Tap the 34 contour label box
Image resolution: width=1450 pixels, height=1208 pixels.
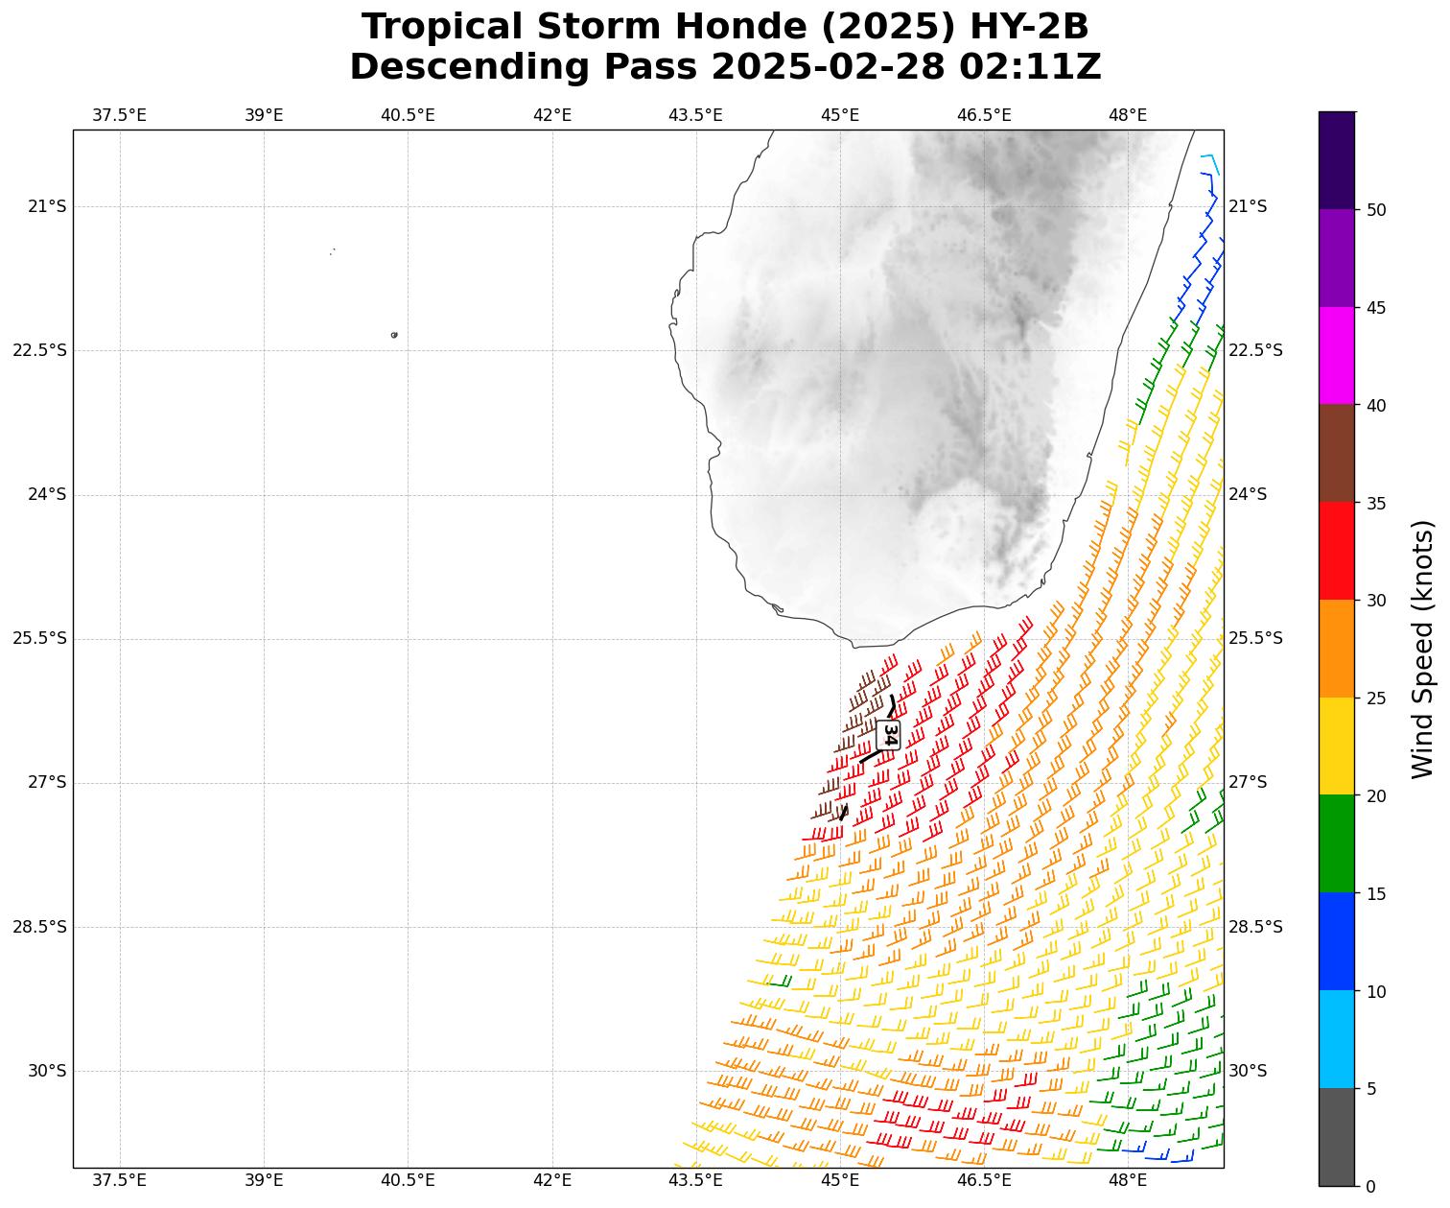pos(889,735)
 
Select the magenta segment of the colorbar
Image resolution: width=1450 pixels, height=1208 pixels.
pos(1336,356)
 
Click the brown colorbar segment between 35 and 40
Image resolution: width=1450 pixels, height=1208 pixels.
pos(1336,454)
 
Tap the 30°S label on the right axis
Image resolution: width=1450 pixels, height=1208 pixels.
pos(1248,1071)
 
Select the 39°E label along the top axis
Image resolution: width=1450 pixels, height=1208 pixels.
pos(264,116)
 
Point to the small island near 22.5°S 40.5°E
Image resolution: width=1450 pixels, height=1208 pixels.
pos(394,335)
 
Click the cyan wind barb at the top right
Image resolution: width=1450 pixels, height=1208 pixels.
pos(1211,161)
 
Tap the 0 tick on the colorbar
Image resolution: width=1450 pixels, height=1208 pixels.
pos(1369,1187)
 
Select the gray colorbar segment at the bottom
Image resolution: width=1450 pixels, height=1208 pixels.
pos(1336,1137)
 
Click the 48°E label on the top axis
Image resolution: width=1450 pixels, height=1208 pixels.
pos(1128,116)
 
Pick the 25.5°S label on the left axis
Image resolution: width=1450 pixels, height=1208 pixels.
pos(39,639)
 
